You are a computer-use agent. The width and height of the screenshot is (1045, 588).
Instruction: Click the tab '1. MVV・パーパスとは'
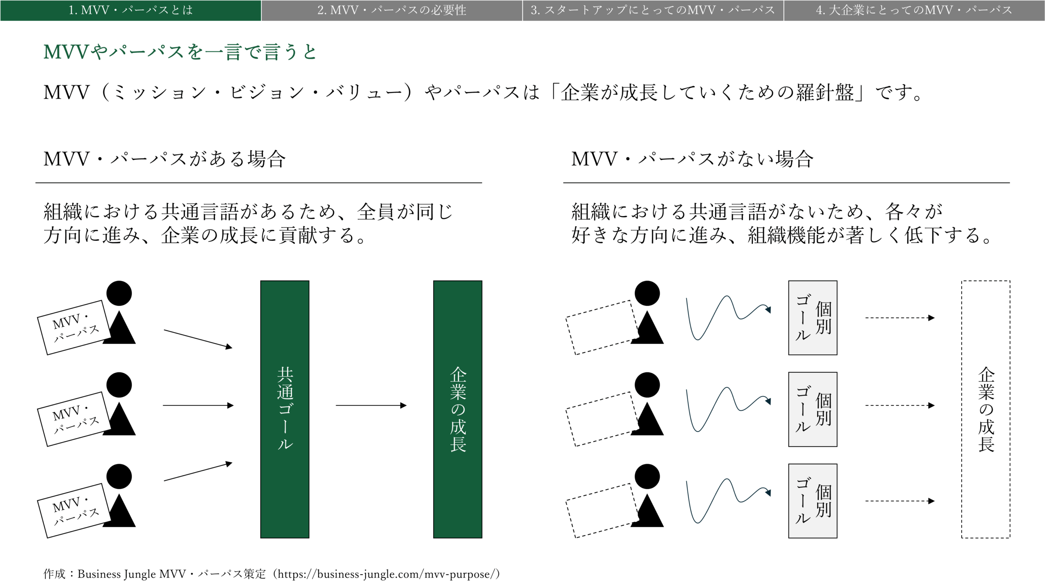131,10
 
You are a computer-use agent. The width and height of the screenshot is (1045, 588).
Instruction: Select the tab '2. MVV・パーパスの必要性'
392,10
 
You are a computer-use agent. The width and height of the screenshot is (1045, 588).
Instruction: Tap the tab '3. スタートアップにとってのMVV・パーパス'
653,10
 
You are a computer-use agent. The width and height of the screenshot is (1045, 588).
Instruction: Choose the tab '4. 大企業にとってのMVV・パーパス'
914,10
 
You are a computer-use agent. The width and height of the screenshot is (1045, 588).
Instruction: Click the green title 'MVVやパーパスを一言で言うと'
180,52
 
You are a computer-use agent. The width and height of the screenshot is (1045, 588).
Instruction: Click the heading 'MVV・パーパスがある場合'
165,159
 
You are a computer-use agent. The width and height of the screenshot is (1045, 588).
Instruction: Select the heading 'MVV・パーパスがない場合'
692,159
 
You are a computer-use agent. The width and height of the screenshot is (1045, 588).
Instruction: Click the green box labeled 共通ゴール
285,409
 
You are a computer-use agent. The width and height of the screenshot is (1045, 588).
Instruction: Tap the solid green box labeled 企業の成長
458,409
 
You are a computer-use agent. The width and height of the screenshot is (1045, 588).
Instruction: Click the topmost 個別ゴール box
813,318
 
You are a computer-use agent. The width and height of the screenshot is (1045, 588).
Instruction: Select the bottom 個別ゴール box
813,501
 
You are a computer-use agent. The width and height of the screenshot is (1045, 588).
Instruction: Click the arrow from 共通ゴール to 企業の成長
371,405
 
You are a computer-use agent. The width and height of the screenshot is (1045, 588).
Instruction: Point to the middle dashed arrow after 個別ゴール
900,405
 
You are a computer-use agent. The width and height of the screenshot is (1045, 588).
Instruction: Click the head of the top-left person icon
119,293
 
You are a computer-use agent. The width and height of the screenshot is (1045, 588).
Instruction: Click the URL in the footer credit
386,574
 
